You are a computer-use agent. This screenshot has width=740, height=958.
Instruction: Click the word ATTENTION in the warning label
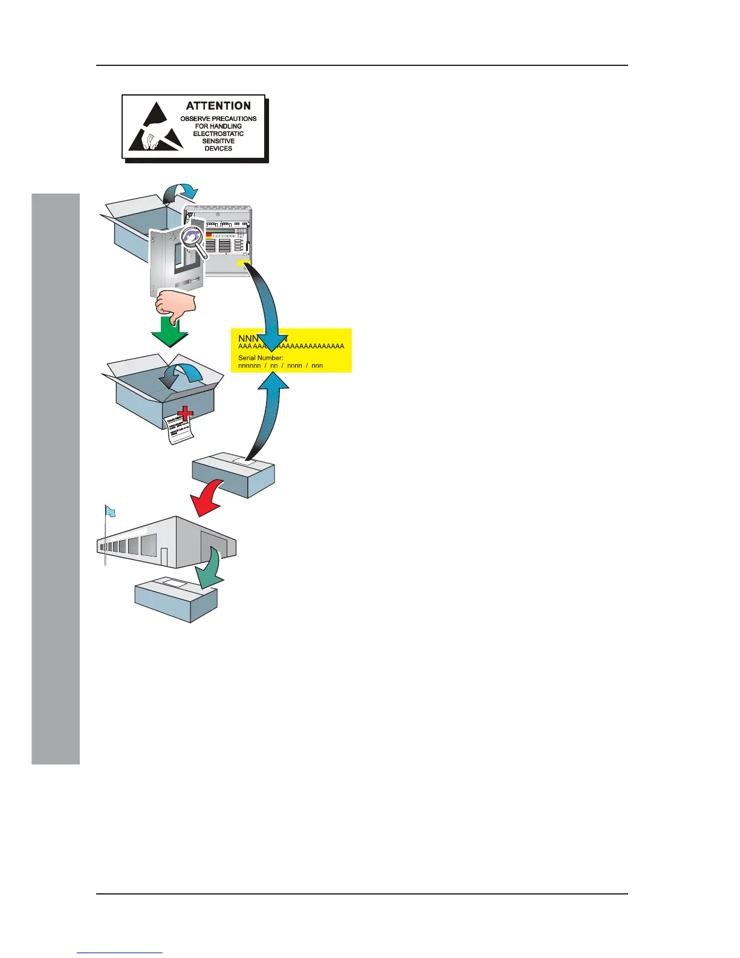click(x=218, y=106)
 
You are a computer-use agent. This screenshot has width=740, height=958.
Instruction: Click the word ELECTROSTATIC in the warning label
click(x=218, y=134)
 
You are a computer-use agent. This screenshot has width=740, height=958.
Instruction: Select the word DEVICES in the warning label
click(x=218, y=149)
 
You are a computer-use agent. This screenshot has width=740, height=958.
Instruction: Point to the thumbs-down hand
click(x=176, y=304)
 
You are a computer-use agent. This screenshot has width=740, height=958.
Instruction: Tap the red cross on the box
click(x=184, y=414)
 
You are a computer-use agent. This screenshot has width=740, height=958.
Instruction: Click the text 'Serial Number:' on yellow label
click(x=261, y=357)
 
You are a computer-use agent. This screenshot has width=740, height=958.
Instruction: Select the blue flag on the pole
click(x=111, y=512)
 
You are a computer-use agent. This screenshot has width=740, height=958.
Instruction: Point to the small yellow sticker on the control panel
click(x=244, y=264)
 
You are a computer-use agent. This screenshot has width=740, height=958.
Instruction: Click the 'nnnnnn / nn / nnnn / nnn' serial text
click(x=281, y=365)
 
